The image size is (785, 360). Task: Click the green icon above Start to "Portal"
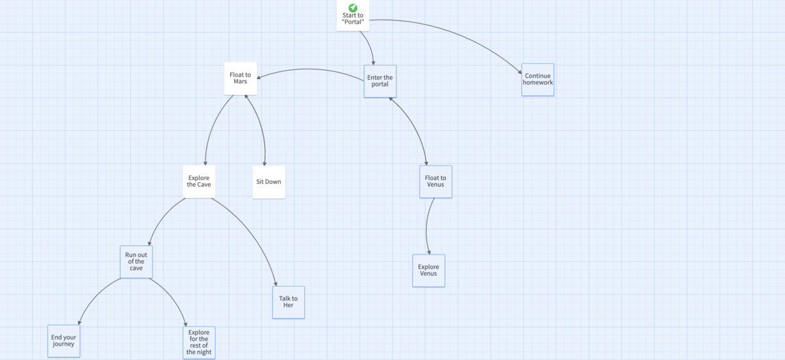tap(353, 7)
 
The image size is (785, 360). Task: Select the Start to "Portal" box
tap(353, 18)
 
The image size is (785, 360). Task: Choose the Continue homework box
tap(538, 80)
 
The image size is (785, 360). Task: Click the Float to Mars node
tap(240, 79)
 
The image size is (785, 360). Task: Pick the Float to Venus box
tap(435, 181)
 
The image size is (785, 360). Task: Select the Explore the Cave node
tap(199, 181)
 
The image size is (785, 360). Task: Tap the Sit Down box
tap(269, 181)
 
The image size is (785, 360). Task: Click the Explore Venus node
tap(428, 270)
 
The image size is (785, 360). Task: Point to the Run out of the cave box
tap(136, 262)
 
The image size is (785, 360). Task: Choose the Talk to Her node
tap(288, 302)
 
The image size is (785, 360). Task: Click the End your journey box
tap(63, 341)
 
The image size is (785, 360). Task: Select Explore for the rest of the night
tap(198, 342)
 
